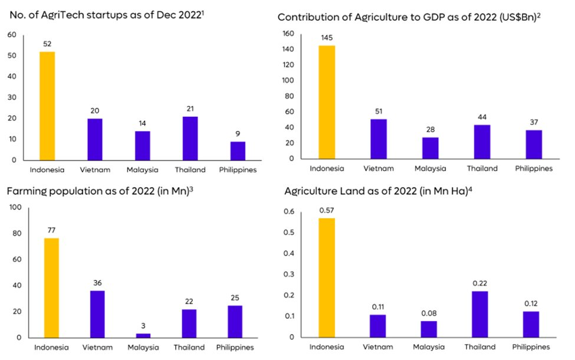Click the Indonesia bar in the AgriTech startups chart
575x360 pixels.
[47, 106]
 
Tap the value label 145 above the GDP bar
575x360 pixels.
[327, 38]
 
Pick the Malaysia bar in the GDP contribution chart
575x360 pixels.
[431, 148]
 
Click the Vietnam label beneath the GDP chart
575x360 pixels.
[379, 168]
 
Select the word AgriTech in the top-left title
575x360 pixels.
[61, 13]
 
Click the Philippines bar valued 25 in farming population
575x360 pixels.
[235, 321]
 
